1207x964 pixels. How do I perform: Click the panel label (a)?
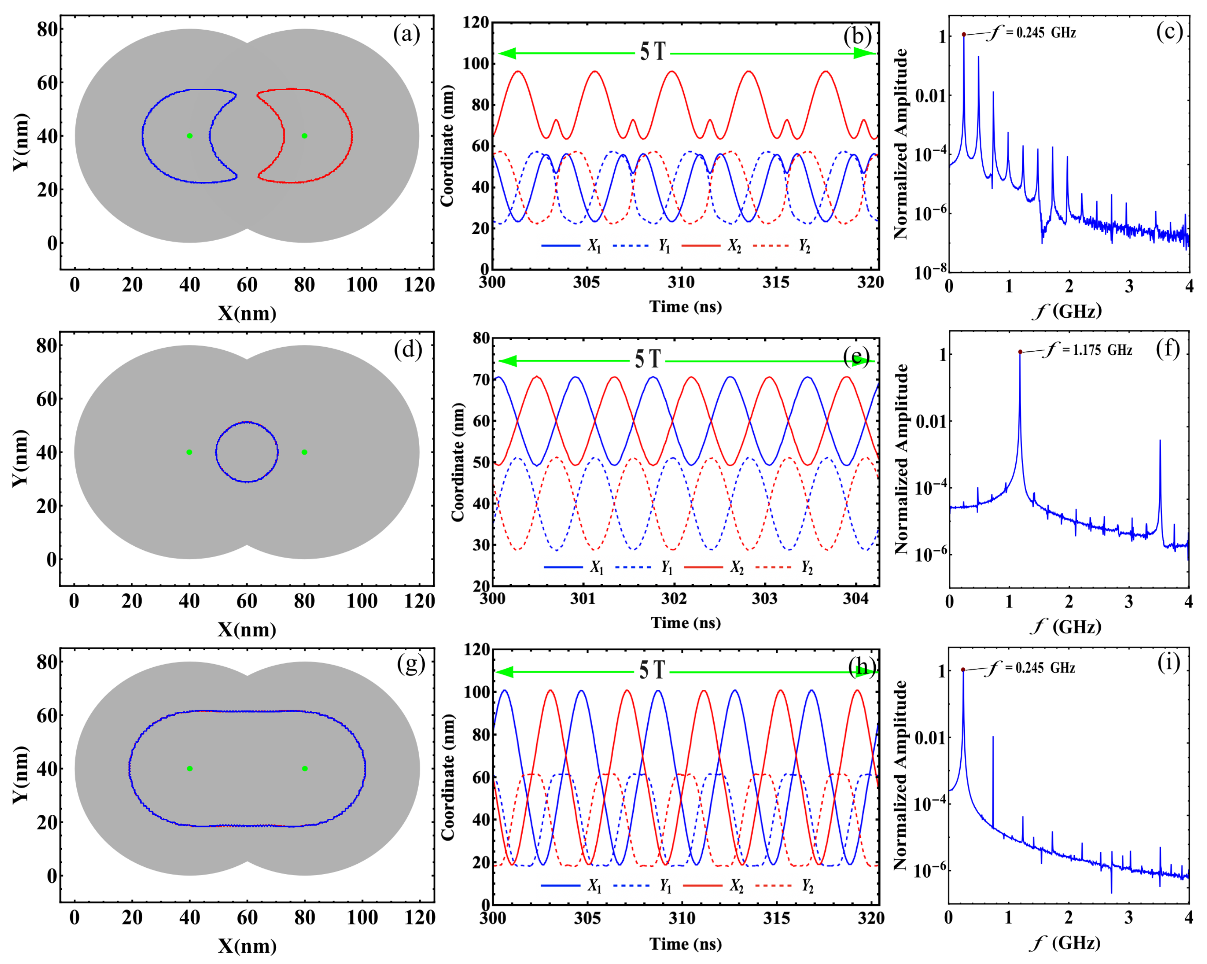click(407, 35)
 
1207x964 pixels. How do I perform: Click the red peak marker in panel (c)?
click(964, 35)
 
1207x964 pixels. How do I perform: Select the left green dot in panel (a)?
click(190, 135)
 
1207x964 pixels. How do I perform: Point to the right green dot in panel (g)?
click(304, 768)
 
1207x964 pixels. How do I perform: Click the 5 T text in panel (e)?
click(648, 359)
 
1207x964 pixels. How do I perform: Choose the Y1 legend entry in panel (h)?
click(665, 886)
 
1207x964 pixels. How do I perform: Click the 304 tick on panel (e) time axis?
click(855, 599)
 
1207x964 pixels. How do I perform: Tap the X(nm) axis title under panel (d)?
click(247, 629)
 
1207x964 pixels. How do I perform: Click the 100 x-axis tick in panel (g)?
click(362, 918)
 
